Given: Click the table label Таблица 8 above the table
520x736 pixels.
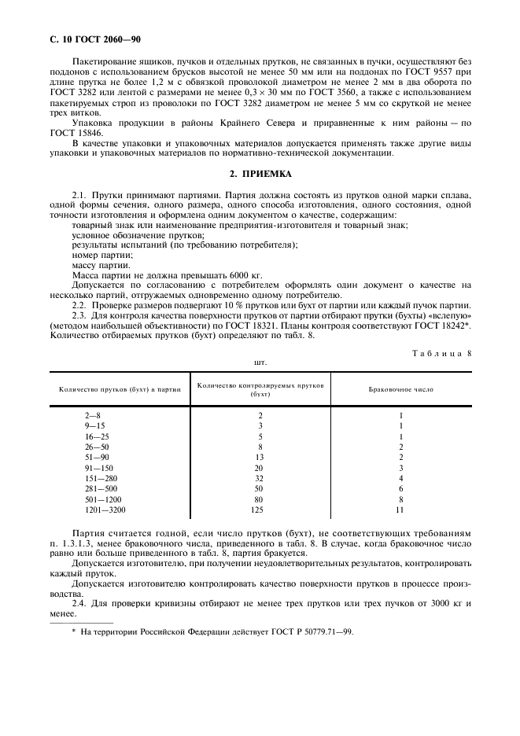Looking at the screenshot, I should [x=441, y=353].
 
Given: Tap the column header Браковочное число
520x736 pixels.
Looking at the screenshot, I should [x=400, y=389].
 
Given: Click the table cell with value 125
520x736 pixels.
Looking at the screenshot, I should [x=260, y=510].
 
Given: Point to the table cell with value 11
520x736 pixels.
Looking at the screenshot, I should [x=400, y=510].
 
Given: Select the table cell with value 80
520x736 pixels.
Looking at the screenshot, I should [x=260, y=499].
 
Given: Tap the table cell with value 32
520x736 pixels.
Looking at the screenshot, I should [x=260, y=478].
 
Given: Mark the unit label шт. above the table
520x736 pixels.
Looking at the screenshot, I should [x=260, y=363].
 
